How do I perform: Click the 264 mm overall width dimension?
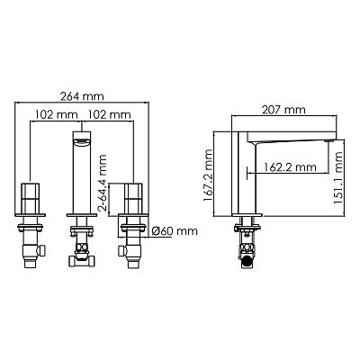82,96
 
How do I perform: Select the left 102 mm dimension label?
57,114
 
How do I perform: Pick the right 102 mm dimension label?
109,114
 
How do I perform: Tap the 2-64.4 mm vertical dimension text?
103,183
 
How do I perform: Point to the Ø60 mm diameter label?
175,231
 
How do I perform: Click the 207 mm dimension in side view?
283,110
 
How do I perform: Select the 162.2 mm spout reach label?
290,166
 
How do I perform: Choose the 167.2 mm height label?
208,175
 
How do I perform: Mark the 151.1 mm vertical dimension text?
337,178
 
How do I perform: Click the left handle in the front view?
30,198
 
